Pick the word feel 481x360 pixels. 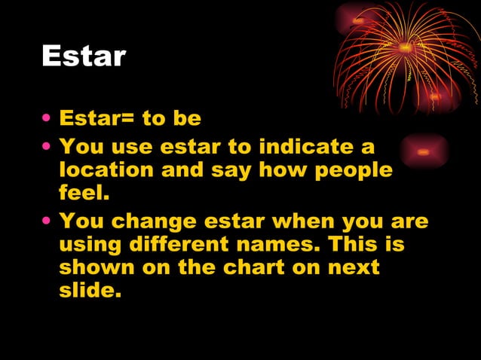84,194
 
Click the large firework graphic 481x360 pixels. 407,56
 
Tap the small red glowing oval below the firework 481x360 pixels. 424,151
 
